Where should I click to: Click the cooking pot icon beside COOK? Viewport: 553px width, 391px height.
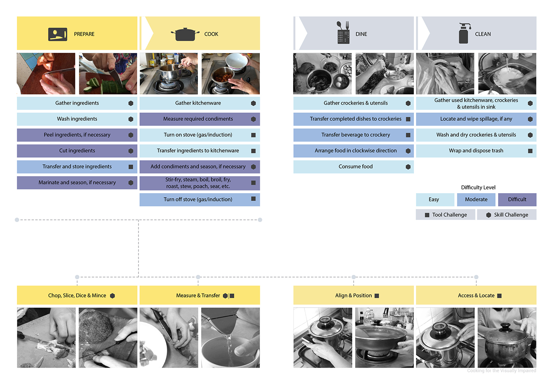point(185,34)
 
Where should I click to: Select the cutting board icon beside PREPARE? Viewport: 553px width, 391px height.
point(58,34)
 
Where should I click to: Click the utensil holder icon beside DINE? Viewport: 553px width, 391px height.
point(343,33)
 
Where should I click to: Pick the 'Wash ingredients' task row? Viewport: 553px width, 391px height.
point(77,119)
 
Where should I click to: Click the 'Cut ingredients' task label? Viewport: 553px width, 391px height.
point(77,150)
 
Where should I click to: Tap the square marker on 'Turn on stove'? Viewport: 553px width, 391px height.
point(253,135)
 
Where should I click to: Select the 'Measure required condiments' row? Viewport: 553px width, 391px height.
point(198,119)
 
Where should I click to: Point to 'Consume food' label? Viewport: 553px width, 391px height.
point(355,167)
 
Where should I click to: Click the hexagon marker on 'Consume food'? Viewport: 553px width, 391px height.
point(408,167)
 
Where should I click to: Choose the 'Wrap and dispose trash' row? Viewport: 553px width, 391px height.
point(476,150)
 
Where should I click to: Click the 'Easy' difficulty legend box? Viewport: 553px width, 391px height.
point(434,199)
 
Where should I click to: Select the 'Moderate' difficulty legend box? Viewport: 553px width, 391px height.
point(476,199)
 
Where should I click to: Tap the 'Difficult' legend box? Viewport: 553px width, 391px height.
point(517,199)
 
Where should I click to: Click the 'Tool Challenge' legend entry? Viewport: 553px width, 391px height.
point(446,215)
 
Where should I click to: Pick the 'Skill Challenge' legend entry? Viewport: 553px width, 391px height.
point(507,215)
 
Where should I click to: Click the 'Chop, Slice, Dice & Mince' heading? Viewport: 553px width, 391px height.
point(77,295)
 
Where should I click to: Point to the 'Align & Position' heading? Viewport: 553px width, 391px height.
point(354,295)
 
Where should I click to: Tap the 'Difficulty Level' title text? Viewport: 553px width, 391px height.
point(478,187)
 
